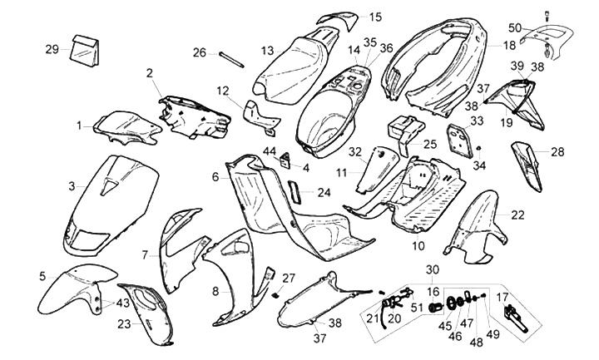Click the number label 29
point(52,50)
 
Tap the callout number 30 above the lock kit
point(432,270)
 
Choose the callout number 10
point(418,245)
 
